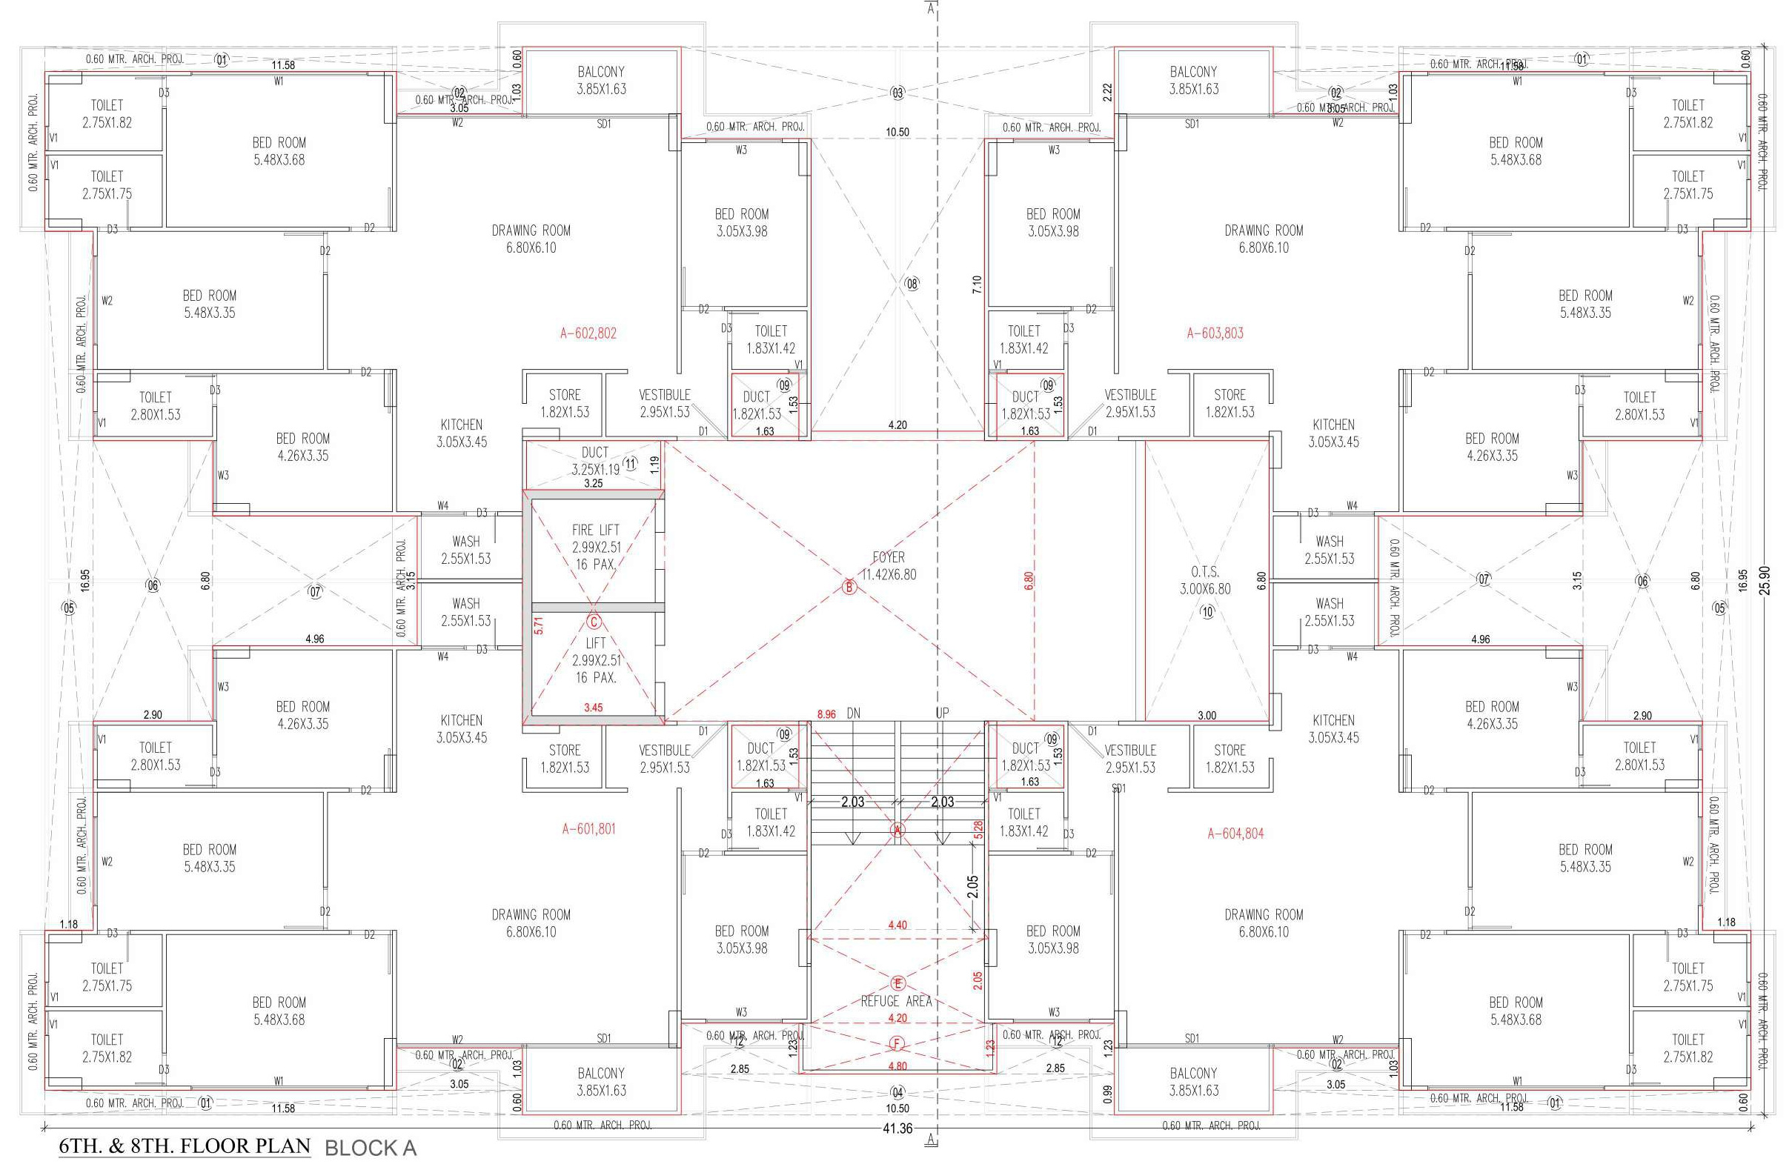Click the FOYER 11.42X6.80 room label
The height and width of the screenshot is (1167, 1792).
[x=889, y=566]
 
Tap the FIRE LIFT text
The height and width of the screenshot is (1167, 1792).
[x=595, y=530]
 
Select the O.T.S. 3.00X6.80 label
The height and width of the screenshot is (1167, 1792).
[x=1205, y=580]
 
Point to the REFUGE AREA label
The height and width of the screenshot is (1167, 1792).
[x=896, y=1001]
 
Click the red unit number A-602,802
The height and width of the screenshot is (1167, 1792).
[x=588, y=333]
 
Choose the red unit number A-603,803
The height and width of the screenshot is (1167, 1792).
[x=1215, y=333]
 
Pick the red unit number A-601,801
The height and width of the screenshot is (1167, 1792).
[x=588, y=829]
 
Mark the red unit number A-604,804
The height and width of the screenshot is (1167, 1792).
[x=1235, y=834]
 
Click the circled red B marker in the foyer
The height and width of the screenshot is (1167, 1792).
[x=849, y=588]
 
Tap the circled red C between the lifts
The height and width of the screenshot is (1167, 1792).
[x=594, y=622]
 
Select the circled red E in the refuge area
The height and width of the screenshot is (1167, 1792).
[x=897, y=983]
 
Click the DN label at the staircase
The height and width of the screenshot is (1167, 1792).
[x=853, y=713]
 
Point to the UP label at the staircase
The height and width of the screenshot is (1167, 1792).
[x=942, y=713]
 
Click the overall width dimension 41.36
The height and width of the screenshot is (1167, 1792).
[x=896, y=1128]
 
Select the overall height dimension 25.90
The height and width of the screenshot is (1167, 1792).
[x=1765, y=580]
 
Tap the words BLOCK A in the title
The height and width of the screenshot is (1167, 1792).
[x=370, y=1148]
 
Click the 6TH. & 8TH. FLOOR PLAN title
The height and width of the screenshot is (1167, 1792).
[x=185, y=1146]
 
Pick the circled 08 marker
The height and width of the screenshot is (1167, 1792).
[x=912, y=284]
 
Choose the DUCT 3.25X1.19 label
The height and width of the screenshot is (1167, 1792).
[x=594, y=461]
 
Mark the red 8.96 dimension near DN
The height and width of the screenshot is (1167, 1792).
[x=826, y=714]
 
